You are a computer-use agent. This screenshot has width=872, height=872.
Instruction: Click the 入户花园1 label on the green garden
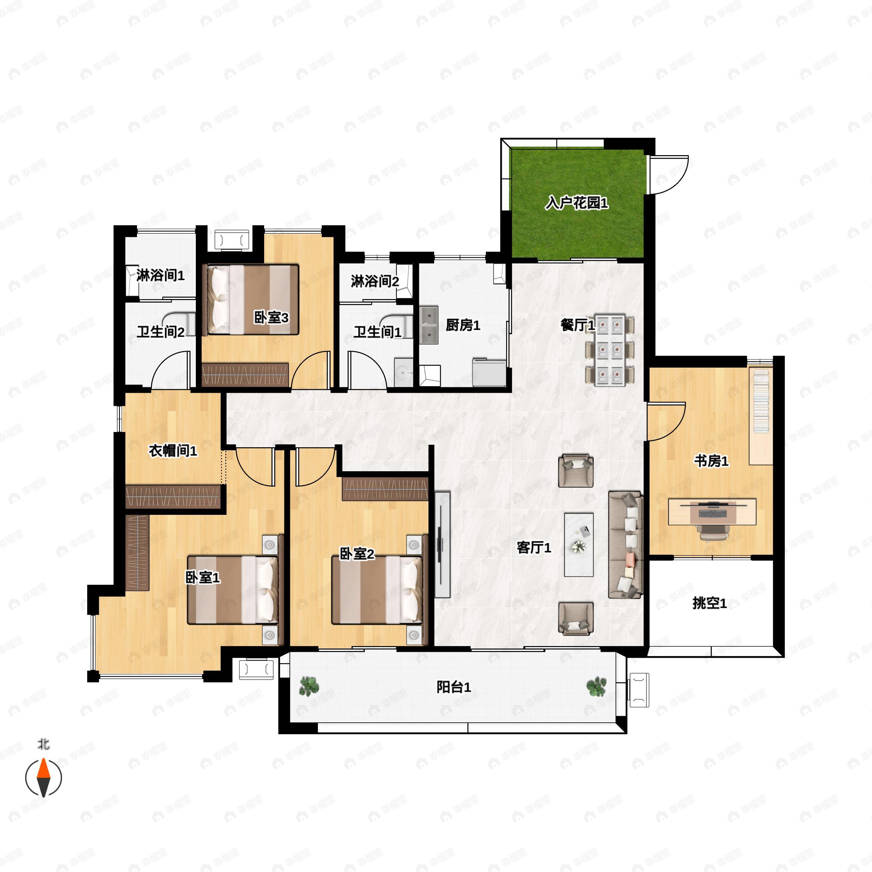pyautogui.click(x=576, y=203)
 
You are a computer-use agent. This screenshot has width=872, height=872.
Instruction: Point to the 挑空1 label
pyautogui.click(x=710, y=603)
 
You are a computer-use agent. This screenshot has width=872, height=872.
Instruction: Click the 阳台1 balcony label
pyautogui.click(x=453, y=687)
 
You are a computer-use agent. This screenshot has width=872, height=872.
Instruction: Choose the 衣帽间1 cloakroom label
pyautogui.click(x=173, y=450)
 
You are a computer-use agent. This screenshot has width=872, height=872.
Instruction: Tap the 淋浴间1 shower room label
pyautogui.click(x=160, y=275)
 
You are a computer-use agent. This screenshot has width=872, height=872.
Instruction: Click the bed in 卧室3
pyautogui.click(x=253, y=300)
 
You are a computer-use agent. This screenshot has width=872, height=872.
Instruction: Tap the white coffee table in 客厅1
pyautogui.click(x=579, y=544)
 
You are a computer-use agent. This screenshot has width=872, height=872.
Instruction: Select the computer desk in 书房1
pyautogui.click(x=712, y=511)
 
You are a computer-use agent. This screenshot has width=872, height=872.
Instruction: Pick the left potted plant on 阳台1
pyautogui.click(x=309, y=686)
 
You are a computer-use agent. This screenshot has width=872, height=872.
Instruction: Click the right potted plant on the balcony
pyautogui.click(x=596, y=686)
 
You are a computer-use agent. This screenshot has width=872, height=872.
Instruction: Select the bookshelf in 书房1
pyautogui.click(x=761, y=415)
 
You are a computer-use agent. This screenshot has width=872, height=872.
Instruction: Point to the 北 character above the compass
pyautogui.click(x=43, y=744)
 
